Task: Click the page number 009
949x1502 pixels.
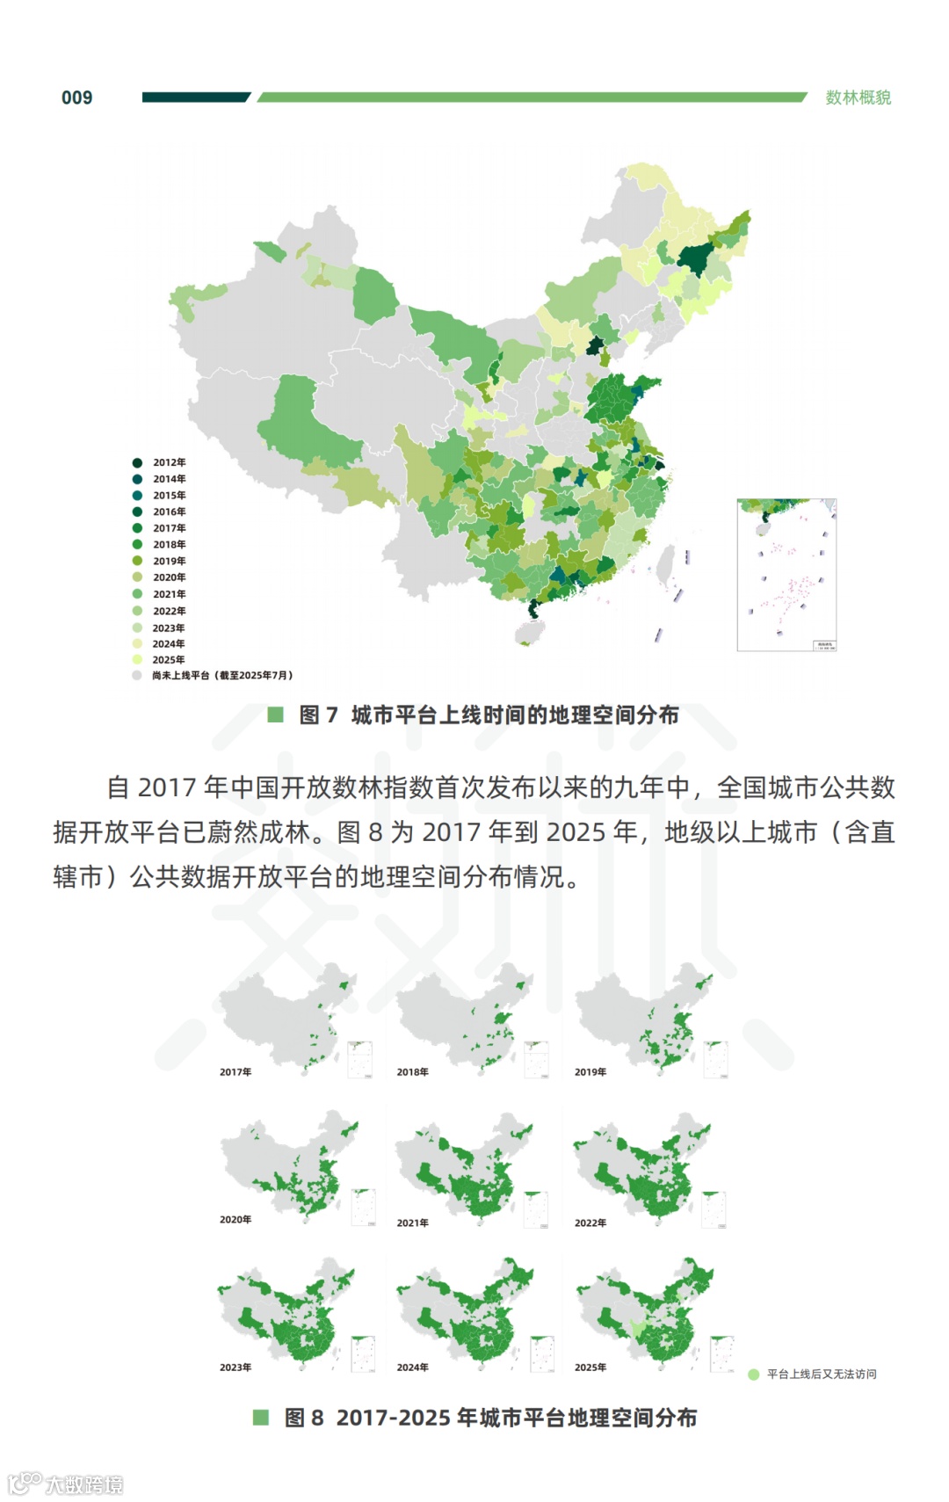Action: point(76,98)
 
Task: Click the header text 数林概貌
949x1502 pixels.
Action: point(858,98)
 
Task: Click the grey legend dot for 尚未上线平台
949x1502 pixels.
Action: point(137,675)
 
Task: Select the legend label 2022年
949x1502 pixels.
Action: point(169,611)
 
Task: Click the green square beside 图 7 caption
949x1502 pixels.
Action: point(275,715)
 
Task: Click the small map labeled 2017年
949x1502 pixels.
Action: point(290,1019)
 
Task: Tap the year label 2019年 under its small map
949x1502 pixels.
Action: point(590,1072)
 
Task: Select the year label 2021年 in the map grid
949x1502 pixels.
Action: point(412,1223)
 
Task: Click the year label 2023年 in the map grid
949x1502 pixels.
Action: point(235,1368)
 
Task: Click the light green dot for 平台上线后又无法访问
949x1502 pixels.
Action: point(753,1375)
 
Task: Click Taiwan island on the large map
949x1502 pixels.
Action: point(666,562)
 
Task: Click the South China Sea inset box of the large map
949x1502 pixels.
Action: point(786,576)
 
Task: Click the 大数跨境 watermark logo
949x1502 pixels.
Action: point(66,1484)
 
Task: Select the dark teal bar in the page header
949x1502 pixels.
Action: point(195,98)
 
